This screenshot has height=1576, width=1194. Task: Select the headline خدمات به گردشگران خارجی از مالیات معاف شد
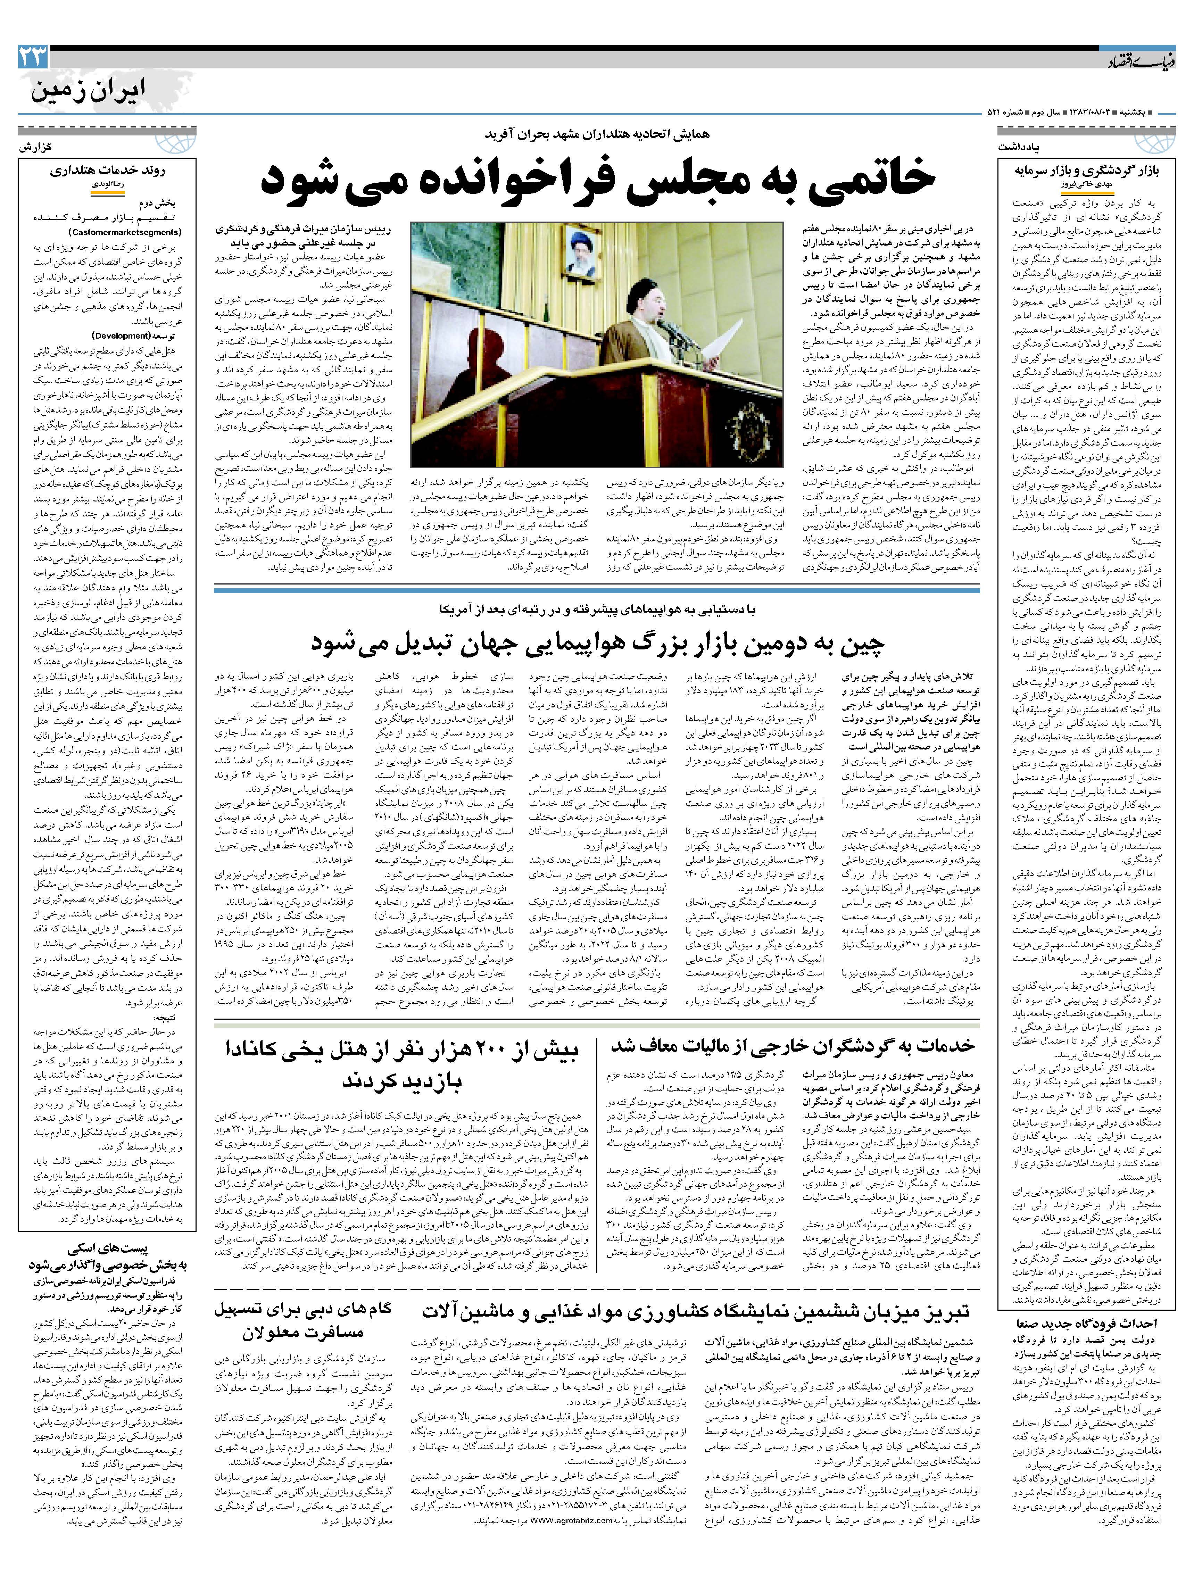(x=792, y=1045)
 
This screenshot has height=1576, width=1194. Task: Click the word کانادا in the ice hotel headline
(x=259, y=1050)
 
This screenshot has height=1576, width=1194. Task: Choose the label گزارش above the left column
(x=36, y=146)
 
